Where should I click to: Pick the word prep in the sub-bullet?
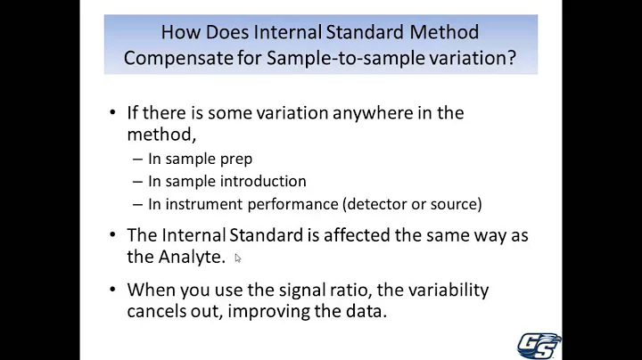click(237, 160)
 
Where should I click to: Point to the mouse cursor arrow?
click(238, 258)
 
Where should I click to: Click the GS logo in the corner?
click(539, 345)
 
